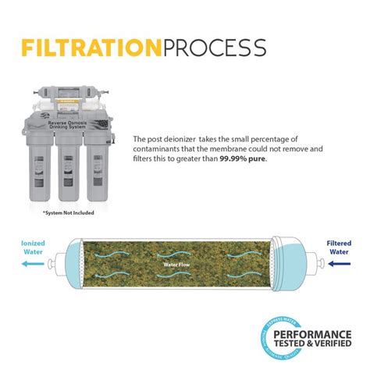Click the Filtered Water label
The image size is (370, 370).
tap(338, 247)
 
